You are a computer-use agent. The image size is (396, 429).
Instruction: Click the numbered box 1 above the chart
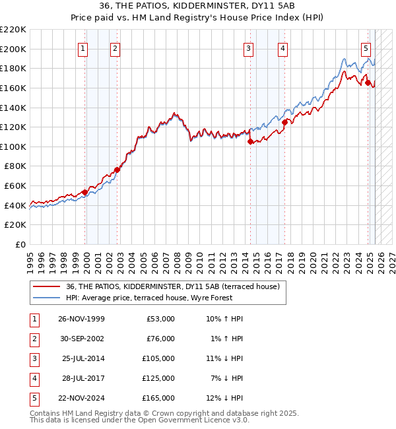coord(83,48)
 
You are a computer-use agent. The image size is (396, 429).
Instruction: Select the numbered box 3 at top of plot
coord(248,48)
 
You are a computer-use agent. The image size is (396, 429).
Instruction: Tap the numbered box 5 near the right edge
coord(366,48)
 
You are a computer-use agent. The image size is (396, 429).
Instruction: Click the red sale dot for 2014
coord(250,141)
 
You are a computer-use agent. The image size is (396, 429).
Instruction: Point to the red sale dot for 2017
coord(284,122)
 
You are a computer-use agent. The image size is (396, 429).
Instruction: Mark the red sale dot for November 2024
coord(368,82)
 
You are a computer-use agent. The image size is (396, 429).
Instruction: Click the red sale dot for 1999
coord(84,193)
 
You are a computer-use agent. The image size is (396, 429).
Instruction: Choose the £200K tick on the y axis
coord(13,49)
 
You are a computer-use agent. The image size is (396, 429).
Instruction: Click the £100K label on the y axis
coord(13,147)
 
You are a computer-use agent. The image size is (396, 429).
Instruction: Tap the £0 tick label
coord(20,244)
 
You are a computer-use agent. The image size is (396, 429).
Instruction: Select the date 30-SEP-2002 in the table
coord(81,339)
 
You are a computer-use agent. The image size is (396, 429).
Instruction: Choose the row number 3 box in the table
coord(34,358)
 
